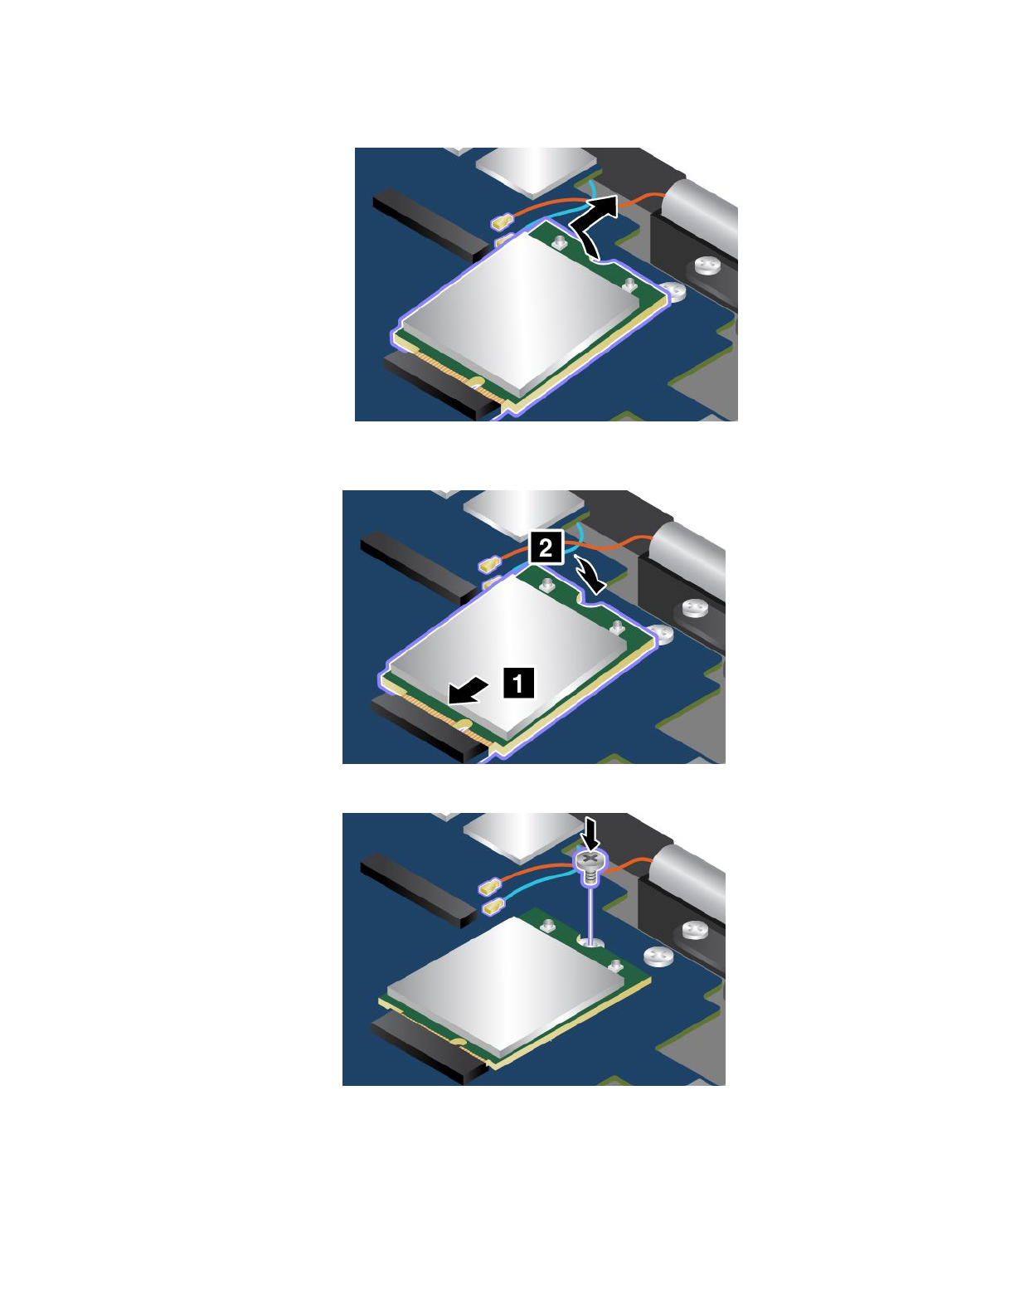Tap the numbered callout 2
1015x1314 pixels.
click(546, 547)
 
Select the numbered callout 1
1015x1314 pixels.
click(519, 683)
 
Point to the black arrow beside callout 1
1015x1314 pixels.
click(469, 689)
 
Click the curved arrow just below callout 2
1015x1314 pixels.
click(590, 577)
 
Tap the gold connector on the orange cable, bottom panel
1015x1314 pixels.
click(489, 887)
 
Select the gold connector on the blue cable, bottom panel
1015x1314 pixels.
click(492, 907)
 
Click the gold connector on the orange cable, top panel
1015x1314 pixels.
click(502, 221)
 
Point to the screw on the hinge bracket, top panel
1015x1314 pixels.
click(707, 266)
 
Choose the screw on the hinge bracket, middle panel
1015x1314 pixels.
click(694, 610)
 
